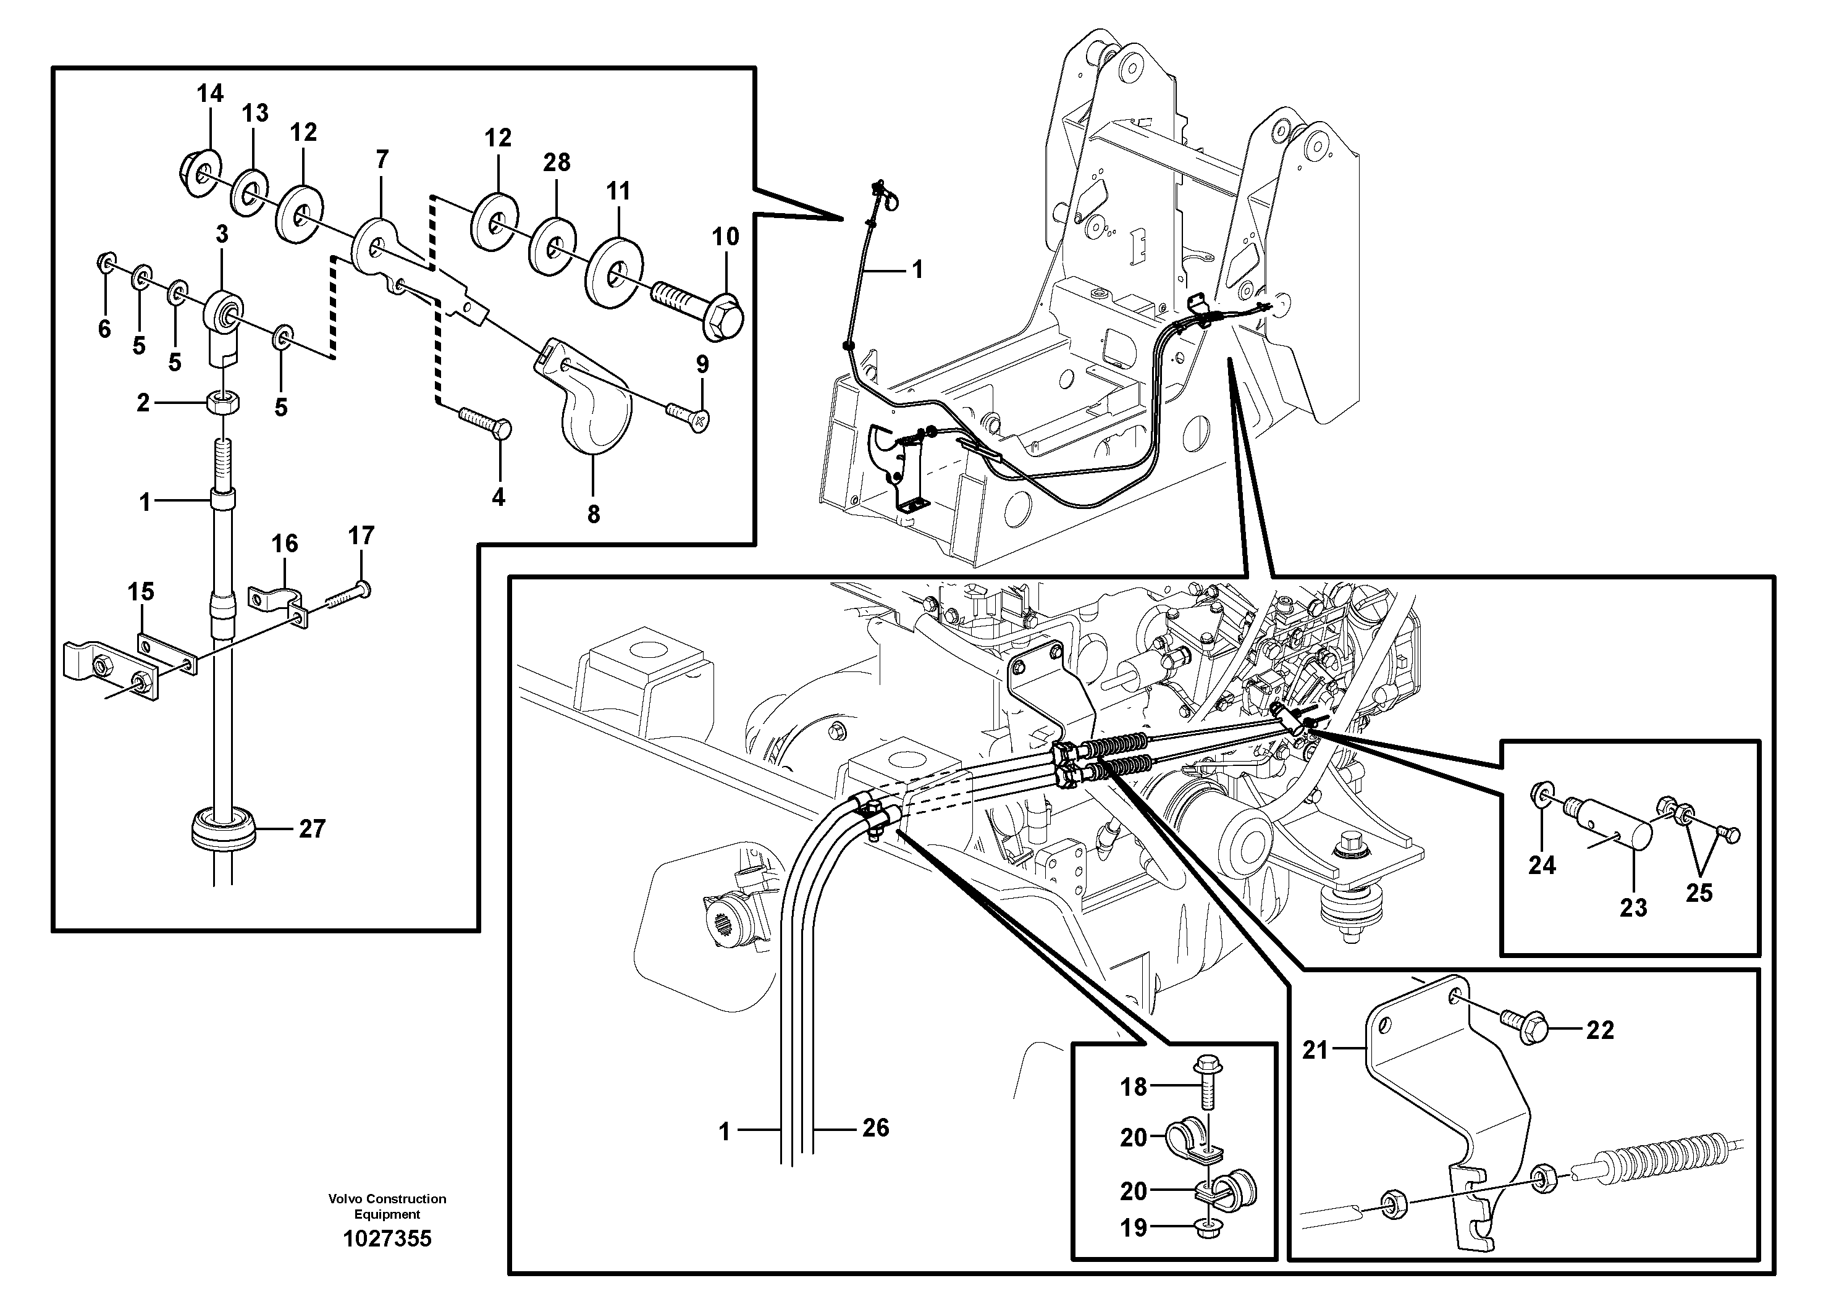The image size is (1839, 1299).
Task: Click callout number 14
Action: point(210,94)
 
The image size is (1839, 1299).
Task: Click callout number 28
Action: point(557,162)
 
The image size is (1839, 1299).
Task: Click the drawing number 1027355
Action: point(387,1239)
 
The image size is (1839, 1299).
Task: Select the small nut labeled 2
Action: point(222,403)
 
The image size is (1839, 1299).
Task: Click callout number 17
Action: point(361,536)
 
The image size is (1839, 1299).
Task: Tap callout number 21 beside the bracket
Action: point(1315,1050)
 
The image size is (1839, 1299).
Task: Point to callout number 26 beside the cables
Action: point(875,1128)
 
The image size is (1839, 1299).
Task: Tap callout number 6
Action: point(104,329)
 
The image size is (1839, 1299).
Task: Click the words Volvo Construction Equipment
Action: point(387,1206)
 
